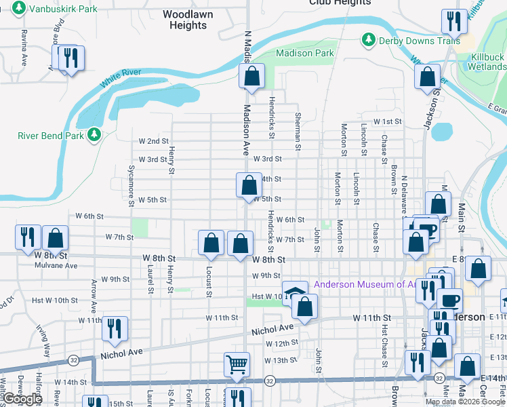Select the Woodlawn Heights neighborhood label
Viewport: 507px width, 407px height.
pyautogui.click(x=185, y=20)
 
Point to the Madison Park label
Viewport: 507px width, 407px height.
pyautogui.click(x=305, y=53)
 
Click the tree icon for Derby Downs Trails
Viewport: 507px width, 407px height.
pyautogui.click(x=369, y=40)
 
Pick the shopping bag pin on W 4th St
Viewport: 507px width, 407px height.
pyautogui.click(x=249, y=185)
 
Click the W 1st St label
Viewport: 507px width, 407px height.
pyautogui.click(x=388, y=121)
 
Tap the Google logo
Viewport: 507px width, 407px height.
pyautogui.click(x=22, y=400)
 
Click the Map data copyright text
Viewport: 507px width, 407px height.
pyautogui.click(x=464, y=402)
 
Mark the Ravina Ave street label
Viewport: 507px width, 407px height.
pyautogui.click(x=24, y=47)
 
